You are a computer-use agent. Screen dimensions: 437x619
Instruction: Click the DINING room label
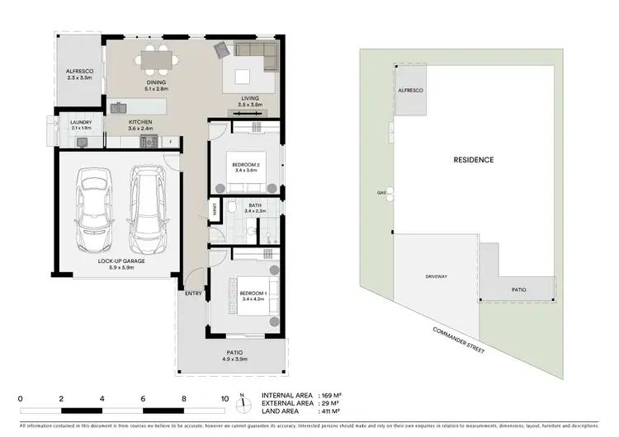(157, 82)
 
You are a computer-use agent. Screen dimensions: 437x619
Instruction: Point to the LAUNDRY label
(81, 123)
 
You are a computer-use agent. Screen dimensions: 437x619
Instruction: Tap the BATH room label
(255, 205)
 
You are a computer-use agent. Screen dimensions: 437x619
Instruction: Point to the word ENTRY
(193, 293)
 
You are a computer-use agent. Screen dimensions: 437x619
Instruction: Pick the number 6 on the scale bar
(144, 398)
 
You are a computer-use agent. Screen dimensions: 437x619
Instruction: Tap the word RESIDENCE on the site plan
(474, 160)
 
